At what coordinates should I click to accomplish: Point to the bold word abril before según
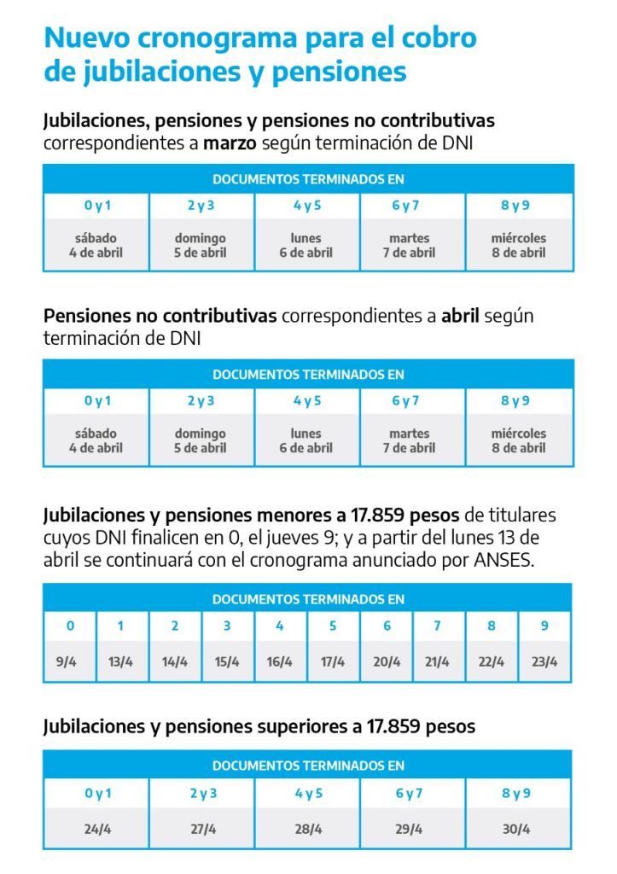tap(461, 316)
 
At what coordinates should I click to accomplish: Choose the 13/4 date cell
tap(120, 661)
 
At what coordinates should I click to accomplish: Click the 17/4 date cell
tap(333, 661)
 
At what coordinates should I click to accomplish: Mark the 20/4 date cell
tap(386, 661)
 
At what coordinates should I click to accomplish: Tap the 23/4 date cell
tap(544, 661)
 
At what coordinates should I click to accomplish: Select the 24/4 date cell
tap(97, 829)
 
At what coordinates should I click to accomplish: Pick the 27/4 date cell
tap(203, 829)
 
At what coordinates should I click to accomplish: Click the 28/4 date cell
tap(308, 829)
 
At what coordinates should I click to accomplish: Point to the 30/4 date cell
tap(516, 829)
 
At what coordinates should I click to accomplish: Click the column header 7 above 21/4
tap(438, 626)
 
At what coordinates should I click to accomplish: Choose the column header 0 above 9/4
tap(70, 626)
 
